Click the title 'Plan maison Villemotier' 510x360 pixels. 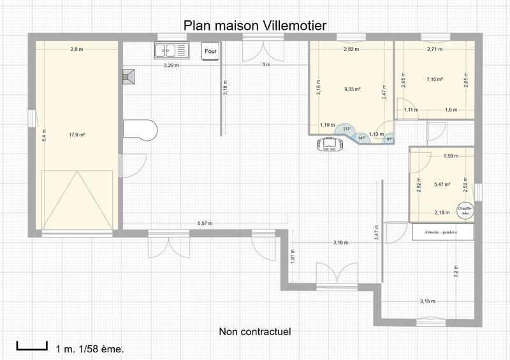click(255, 25)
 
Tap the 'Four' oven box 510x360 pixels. click(209, 51)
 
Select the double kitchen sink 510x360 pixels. click(171, 50)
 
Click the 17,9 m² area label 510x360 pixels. click(77, 135)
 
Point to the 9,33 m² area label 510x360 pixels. click(353, 90)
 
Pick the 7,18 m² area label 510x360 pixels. click(435, 80)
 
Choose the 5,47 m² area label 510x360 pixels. click(442, 185)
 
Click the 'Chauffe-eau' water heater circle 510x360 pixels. click(465, 210)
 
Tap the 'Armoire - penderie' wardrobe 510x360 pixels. click(443, 231)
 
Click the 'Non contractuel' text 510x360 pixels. click(254, 332)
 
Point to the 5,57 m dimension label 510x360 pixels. click(205, 224)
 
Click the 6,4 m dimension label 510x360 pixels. click(44, 139)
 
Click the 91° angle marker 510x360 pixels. click(389, 140)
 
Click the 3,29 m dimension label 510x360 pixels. click(171, 66)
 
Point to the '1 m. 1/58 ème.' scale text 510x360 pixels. click(90, 349)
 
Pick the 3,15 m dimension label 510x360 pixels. click(427, 300)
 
